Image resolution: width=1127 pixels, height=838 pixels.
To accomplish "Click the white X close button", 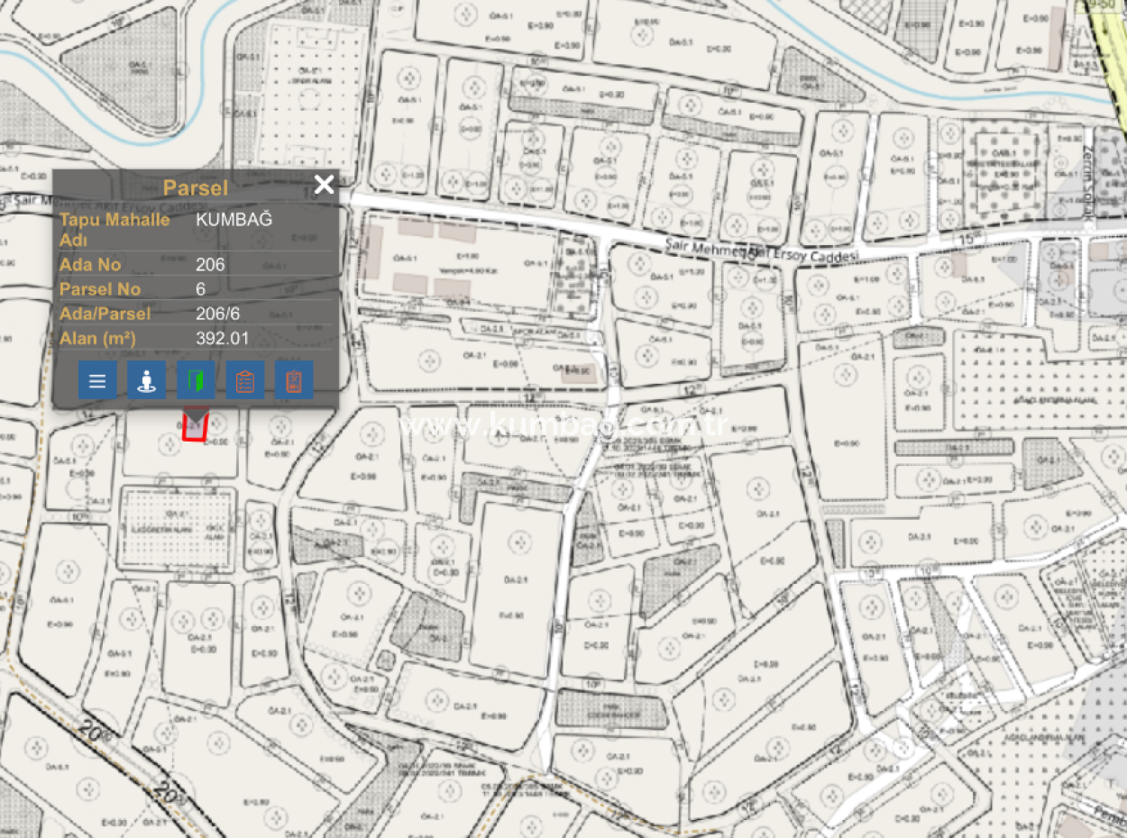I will pyautogui.click(x=324, y=185).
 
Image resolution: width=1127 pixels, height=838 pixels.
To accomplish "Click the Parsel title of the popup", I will pyautogui.click(x=195, y=187).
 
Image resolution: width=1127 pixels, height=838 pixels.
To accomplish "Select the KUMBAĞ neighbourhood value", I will pyautogui.click(x=234, y=219).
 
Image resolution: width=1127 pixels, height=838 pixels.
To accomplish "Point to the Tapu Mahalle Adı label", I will pyautogui.click(x=114, y=230).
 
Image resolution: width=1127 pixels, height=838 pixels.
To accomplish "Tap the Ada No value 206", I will pyautogui.click(x=210, y=265).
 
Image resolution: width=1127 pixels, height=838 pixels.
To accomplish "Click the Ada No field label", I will pyautogui.click(x=90, y=265).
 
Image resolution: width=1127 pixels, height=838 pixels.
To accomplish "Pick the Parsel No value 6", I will pyautogui.click(x=201, y=289).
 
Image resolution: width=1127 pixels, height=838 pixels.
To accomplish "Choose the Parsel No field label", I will pyautogui.click(x=100, y=289).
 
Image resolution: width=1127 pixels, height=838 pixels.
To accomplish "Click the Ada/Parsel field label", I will pyautogui.click(x=105, y=314).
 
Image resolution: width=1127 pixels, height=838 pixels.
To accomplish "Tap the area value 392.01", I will pyautogui.click(x=222, y=339).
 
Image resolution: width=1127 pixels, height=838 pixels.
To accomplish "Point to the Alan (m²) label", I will pyautogui.click(x=97, y=339).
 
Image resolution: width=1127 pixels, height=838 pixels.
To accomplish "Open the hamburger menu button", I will pyautogui.click(x=97, y=380).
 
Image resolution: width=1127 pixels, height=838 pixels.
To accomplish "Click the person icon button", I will pyautogui.click(x=146, y=380).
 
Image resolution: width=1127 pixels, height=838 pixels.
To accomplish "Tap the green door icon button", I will pyautogui.click(x=196, y=380).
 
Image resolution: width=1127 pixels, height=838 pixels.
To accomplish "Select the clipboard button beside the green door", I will pyautogui.click(x=244, y=380).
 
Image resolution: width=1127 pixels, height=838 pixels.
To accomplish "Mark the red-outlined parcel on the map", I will pyautogui.click(x=195, y=426).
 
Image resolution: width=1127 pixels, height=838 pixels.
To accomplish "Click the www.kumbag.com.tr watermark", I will pyautogui.click(x=563, y=426).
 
